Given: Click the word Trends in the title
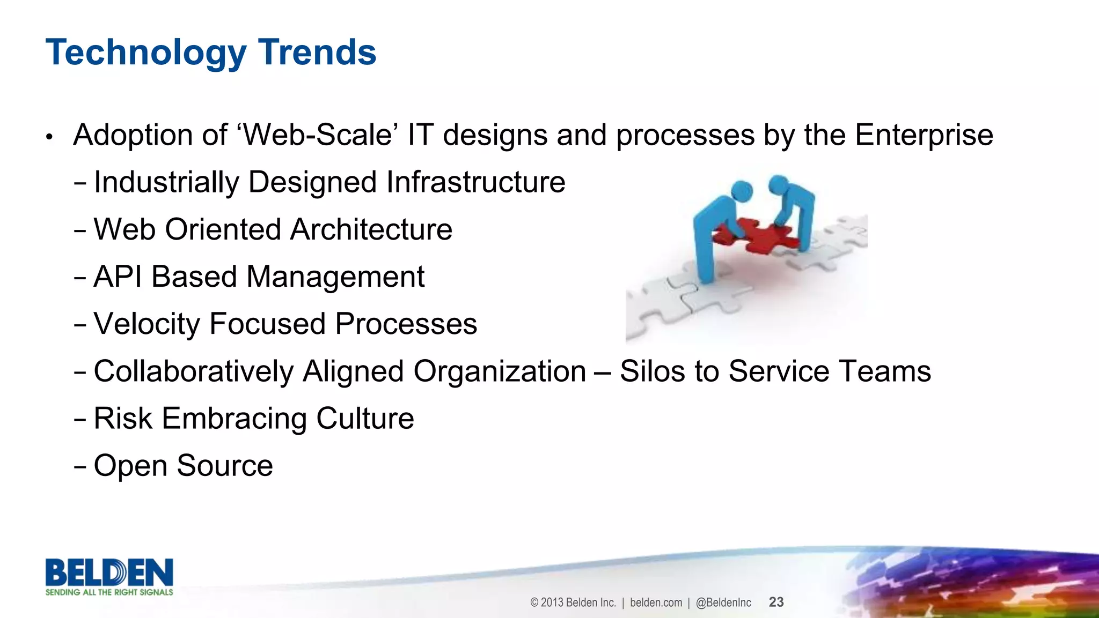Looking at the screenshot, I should pos(317,53).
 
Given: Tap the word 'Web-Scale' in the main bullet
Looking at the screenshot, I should pos(317,135).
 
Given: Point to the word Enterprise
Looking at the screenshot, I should pos(924,136).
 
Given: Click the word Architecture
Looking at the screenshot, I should pos(371,229).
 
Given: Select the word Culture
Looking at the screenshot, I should pos(365,418).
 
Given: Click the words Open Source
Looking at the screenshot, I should pos(183,465).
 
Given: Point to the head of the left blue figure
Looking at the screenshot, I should pos(742,191).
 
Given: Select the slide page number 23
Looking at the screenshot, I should pos(776,602).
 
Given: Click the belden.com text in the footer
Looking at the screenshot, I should pos(656,602).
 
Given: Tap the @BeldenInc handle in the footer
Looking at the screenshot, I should pos(723,602).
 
